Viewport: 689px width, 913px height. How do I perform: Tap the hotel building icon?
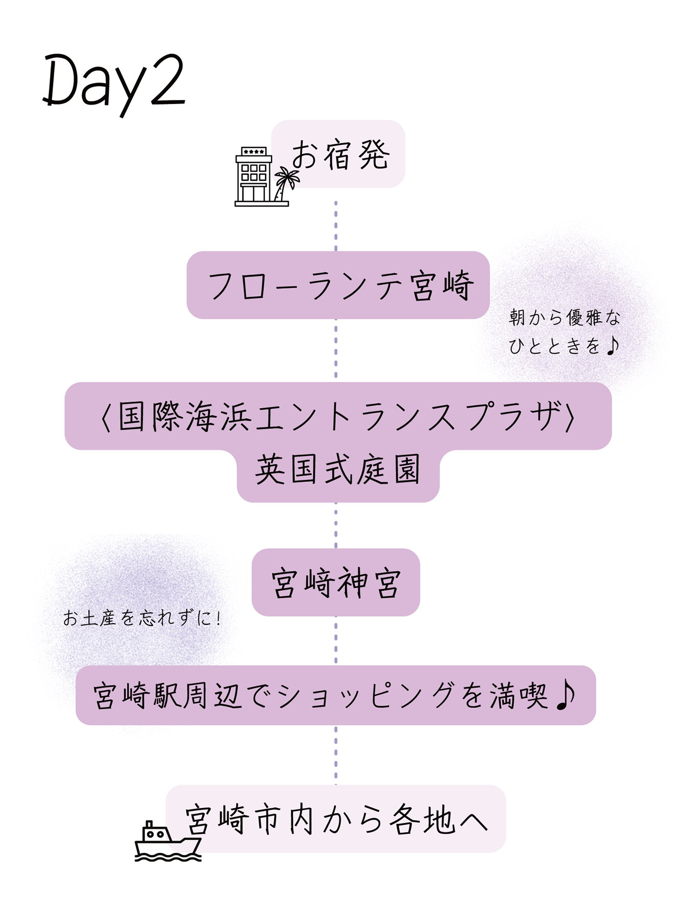253,176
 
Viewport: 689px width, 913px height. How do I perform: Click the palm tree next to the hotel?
285,184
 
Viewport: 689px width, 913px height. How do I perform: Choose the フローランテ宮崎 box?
338,285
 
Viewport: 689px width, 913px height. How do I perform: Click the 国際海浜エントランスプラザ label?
338,416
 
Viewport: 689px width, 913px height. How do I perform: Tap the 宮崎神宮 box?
336,582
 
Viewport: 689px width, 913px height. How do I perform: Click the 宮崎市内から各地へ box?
337,819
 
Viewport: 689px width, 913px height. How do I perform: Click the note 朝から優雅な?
564,318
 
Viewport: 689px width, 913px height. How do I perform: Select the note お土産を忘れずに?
142,619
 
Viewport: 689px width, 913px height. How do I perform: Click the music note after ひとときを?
612,346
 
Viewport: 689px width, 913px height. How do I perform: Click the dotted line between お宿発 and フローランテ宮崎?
336,226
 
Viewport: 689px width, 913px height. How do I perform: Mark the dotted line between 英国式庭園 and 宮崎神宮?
336,525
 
